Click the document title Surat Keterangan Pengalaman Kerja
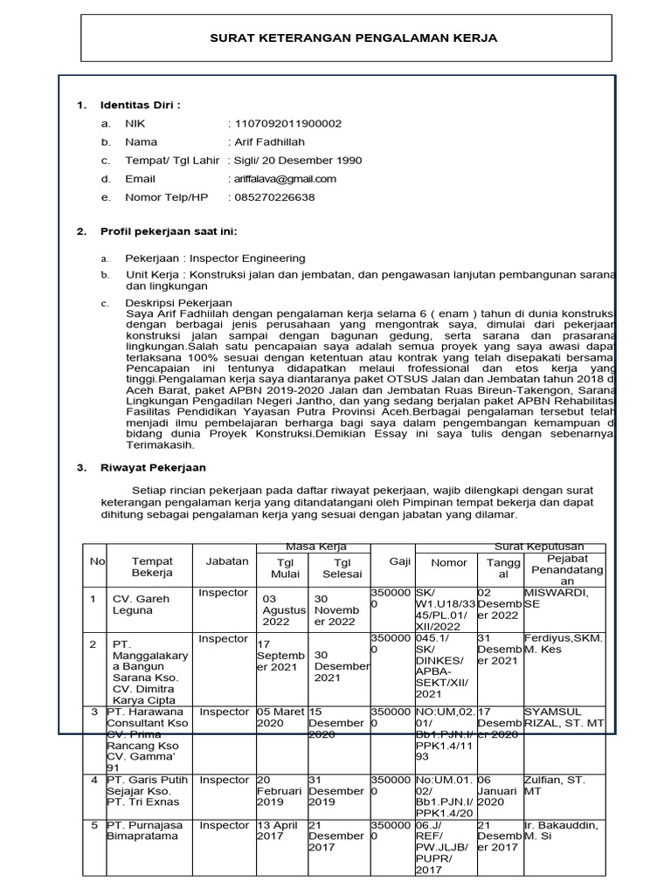[x=353, y=38]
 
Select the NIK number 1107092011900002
[x=285, y=124]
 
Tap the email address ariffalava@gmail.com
[x=282, y=179]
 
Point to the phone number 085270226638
[x=272, y=197]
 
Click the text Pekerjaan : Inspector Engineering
[x=215, y=258]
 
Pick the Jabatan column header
[x=226, y=561]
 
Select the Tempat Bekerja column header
[x=152, y=567]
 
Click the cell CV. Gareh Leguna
[x=141, y=604]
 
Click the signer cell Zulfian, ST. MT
[x=554, y=785]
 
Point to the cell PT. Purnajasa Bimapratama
[x=145, y=830]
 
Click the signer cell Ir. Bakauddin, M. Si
[x=563, y=830]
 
